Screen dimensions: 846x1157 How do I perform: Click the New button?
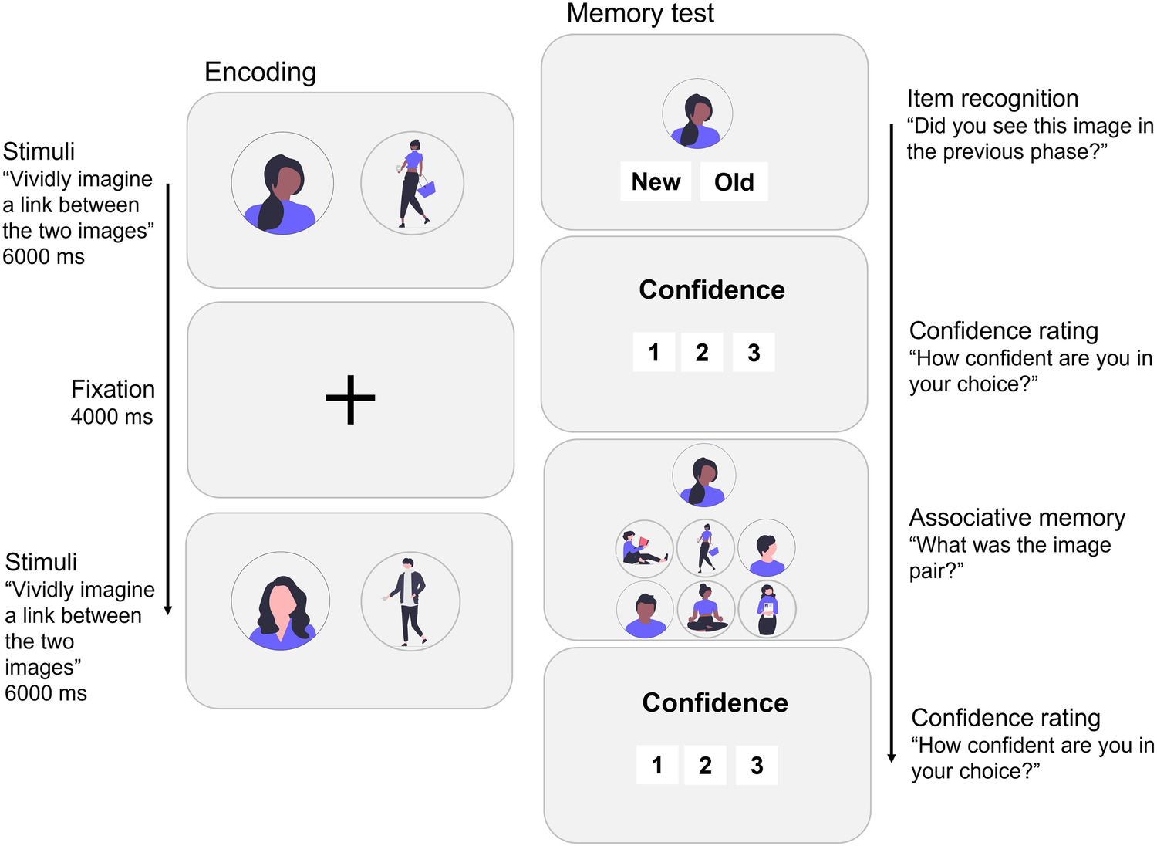[x=656, y=182]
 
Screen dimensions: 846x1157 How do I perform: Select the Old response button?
[x=734, y=182]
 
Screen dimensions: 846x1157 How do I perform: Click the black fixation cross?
[x=350, y=399]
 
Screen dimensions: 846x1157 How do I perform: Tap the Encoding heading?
[x=260, y=72]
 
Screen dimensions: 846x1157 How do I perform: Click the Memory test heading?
[x=639, y=13]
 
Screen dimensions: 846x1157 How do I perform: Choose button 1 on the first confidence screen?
[x=654, y=353]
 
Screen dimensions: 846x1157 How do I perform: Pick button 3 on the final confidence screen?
[x=757, y=765]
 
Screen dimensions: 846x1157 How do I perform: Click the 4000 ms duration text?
[x=112, y=417]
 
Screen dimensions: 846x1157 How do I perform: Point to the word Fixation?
[x=113, y=389]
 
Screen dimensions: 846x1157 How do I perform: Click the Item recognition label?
[x=992, y=99]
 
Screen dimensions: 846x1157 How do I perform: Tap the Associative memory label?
[x=1017, y=517]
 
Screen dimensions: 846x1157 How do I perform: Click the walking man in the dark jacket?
[x=410, y=601]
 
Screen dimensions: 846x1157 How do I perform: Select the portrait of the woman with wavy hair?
[x=281, y=601]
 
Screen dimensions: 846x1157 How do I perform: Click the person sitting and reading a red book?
[x=644, y=549]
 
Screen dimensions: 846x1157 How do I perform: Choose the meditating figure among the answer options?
[x=706, y=609]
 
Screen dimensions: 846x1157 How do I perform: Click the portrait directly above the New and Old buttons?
[x=697, y=113]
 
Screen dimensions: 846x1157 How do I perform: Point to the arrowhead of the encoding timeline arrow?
[x=168, y=611]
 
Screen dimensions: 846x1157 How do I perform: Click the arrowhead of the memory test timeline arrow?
[x=892, y=758]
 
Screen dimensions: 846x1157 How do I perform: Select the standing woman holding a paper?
[x=767, y=609]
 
